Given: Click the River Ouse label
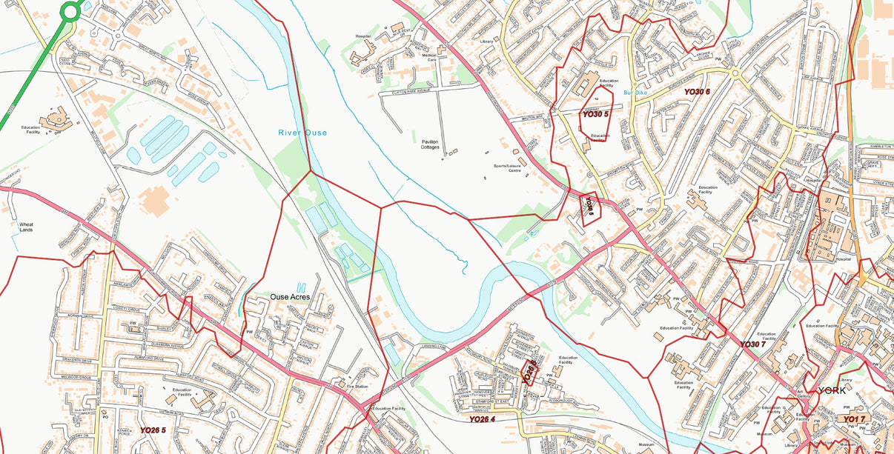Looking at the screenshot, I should (x=302, y=133).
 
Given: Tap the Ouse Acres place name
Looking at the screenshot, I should (x=289, y=297).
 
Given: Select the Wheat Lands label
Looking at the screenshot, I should (x=26, y=227).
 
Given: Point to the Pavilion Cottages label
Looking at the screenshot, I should (x=430, y=144).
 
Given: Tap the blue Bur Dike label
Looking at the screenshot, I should (x=635, y=93).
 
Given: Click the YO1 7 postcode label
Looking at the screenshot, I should (x=853, y=420).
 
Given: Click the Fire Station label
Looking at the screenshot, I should (x=357, y=386).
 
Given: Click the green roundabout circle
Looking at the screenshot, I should (x=70, y=11).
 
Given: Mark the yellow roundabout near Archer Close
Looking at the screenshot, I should (x=735, y=73).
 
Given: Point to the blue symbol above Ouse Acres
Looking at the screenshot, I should (x=299, y=287).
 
